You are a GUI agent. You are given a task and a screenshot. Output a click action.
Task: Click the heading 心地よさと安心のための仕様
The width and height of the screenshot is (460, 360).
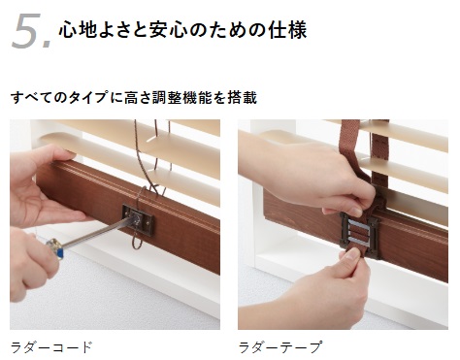(x=182, y=30)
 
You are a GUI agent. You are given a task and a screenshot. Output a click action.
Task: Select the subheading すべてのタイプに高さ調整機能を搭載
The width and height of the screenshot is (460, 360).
(x=134, y=97)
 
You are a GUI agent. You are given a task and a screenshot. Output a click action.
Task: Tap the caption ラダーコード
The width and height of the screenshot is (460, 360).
(x=51, y=347)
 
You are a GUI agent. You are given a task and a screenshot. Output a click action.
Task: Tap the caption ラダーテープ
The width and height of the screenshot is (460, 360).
(x=280, y=347)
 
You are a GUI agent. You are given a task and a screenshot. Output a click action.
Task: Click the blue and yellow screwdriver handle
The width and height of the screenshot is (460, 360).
(x=55, y=247)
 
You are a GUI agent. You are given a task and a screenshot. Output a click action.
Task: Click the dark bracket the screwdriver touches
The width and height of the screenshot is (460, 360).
(x=138, y=219)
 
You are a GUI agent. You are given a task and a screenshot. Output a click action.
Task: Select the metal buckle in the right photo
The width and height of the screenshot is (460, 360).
(x=358, y=232)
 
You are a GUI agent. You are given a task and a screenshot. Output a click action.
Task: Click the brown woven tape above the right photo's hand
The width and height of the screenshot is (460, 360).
(x=350, y=136)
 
